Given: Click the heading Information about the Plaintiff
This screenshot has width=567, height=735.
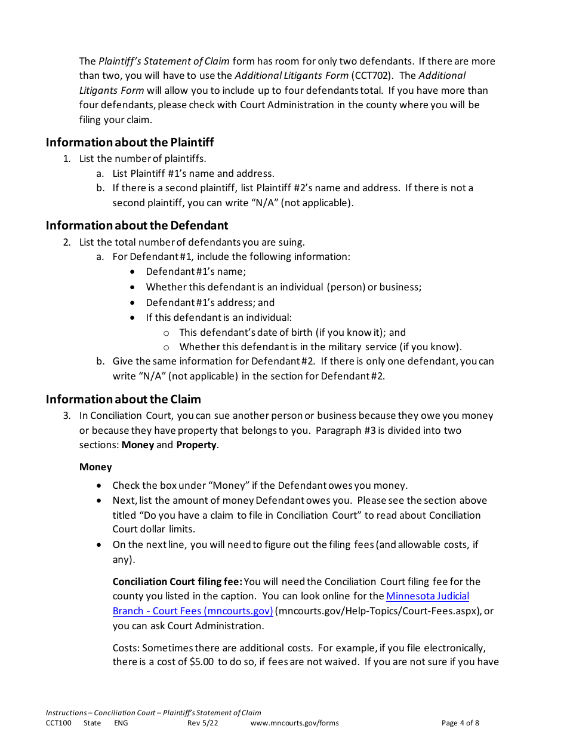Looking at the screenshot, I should pyautogui.click(x=130, y=142).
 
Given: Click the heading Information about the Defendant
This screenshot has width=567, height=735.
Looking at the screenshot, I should pyautogui.click(x=137, y=225).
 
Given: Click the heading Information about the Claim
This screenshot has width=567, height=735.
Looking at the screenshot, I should pyautogui.click(x=123, y=399).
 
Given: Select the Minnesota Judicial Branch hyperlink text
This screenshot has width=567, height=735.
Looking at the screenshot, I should pyautogui.click(x=427, y=596).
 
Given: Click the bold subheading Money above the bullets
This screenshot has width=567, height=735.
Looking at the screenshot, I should pyautogui.click(x=95, y=467).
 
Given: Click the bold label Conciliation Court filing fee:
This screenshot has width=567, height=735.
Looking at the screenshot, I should pyautogui.click(x=177, y=581).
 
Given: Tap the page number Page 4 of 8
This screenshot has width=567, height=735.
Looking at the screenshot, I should pyautogui.click(x=460, y=723).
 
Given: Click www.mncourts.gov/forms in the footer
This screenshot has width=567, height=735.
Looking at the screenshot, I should pyautogui.click(x=294, y=723).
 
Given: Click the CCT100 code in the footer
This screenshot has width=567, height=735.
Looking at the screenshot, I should pyautogui.click(x=58, y=723).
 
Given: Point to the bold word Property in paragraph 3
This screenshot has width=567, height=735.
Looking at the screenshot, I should pyautogui.click(x=196, y=445).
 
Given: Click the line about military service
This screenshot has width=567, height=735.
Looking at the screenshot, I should pyautogui.click(x=320, y=347).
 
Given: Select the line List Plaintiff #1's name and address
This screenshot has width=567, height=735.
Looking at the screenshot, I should pyautogui.click(x=193, y=174).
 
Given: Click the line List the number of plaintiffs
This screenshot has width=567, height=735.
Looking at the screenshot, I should pyautogui.click(x=143, y=159).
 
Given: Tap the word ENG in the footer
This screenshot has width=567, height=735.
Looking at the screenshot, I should pyautogui.click(x=121, y=723).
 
